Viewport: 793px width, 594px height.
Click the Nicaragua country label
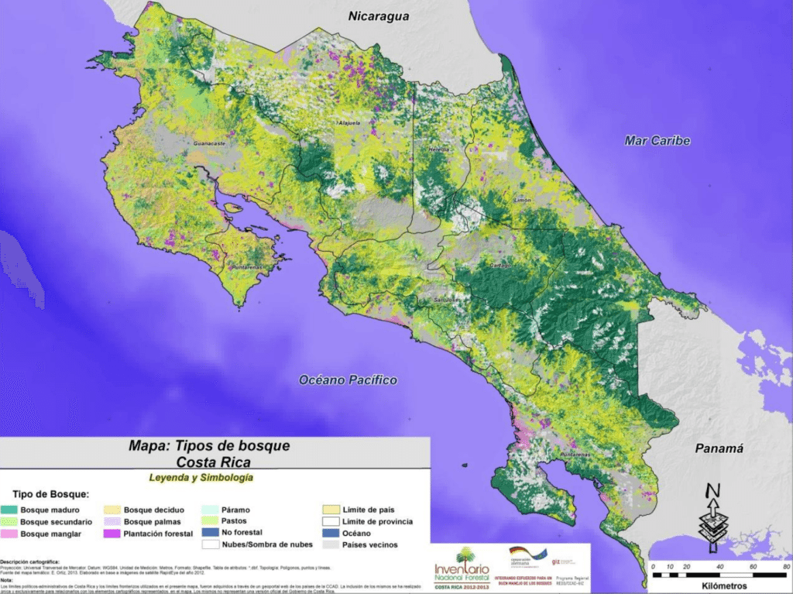[379, 16]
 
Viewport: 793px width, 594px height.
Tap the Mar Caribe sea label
[657, 141]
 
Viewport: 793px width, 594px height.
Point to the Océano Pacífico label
[348, 380]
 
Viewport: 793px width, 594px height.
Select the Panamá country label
[719, 448]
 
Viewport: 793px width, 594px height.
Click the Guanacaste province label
[209, 143]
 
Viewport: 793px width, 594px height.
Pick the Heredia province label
[427, 149]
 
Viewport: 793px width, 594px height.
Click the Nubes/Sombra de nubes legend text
[264, 544]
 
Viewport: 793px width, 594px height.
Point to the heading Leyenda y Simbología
[201, 478]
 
